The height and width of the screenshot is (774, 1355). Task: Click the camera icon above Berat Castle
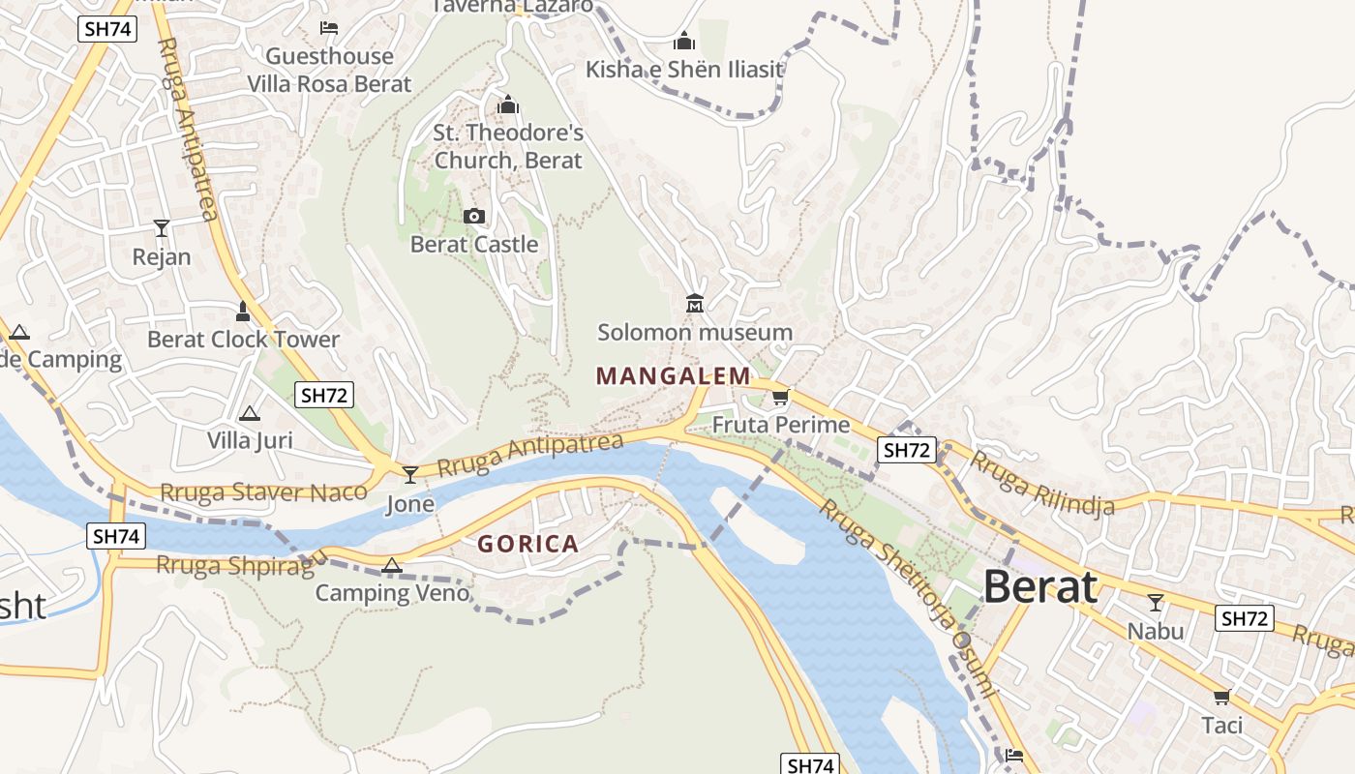[474, 216]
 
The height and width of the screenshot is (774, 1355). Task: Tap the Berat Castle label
[474, 245]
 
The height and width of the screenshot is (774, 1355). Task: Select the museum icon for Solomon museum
[695, 304]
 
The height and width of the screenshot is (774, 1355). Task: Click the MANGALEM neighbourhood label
[673, 375]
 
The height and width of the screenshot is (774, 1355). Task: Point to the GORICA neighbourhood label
[528, 544]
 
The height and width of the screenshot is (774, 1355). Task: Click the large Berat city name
[1041, 587]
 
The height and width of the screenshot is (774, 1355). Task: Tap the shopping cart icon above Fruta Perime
[781, 396]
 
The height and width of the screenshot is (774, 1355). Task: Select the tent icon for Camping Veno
[392, 565]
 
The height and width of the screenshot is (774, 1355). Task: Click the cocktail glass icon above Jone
[410, 474]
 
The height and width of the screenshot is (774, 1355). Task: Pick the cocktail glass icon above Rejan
[162, 228]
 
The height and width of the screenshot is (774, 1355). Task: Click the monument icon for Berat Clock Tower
[243, 311]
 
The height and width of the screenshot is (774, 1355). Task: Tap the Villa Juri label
[250, 441]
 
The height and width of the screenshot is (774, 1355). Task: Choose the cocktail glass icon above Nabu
[1155, 603]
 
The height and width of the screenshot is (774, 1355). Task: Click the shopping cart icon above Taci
[1221, 697]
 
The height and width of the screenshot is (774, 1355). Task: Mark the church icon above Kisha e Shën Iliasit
[684, 42]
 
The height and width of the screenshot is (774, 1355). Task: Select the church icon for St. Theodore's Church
[508, 104]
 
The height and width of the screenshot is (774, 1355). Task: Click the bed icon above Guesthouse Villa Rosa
[329, 28]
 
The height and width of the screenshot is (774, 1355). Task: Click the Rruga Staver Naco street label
[263, 492]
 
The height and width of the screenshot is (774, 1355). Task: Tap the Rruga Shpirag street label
[235, 565]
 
